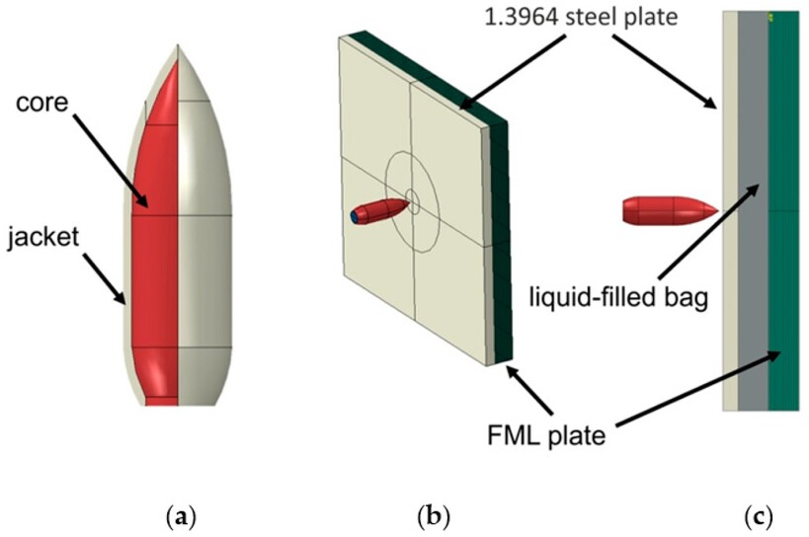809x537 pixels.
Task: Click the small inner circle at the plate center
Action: coord(412,204)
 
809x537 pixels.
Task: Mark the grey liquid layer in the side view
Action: coord(752,296)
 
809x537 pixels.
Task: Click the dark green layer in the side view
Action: coord(783,296)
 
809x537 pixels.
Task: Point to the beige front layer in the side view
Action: coord(730,296)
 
